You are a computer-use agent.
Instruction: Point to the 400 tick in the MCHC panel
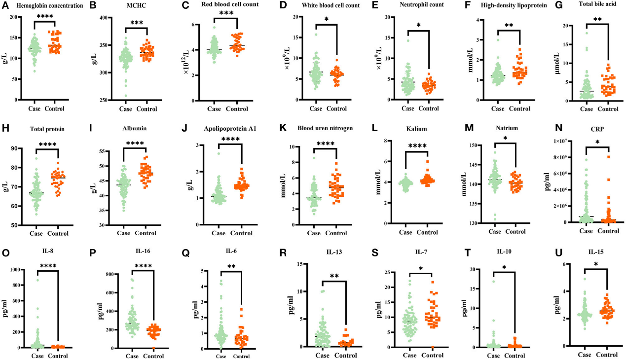pyautogui.click(x=106, y=18)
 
